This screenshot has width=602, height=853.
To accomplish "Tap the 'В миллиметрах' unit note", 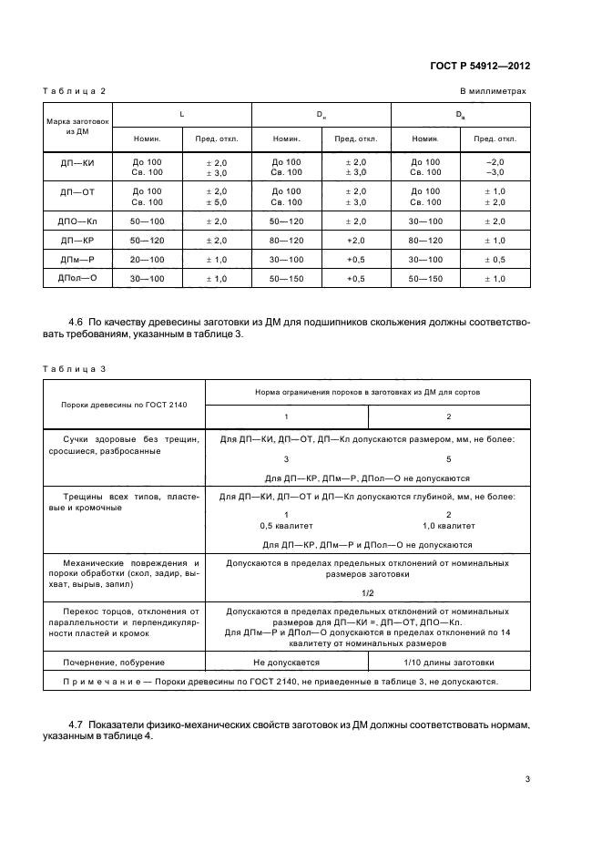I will click(493, 92).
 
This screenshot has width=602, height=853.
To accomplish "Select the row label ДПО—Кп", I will click(77, 221).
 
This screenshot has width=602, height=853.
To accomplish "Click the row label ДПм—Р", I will click(77, 259).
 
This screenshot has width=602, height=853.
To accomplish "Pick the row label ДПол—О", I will click(77, 278).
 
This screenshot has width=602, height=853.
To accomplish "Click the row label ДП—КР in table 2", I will click(77, 240).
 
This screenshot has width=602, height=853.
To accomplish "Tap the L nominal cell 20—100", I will click(147, 259).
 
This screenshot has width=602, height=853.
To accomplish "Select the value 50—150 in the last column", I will click(425, 278).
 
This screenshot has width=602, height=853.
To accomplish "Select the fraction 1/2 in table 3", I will click(367, 592).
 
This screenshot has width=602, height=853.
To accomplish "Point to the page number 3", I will click(527, 779).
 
